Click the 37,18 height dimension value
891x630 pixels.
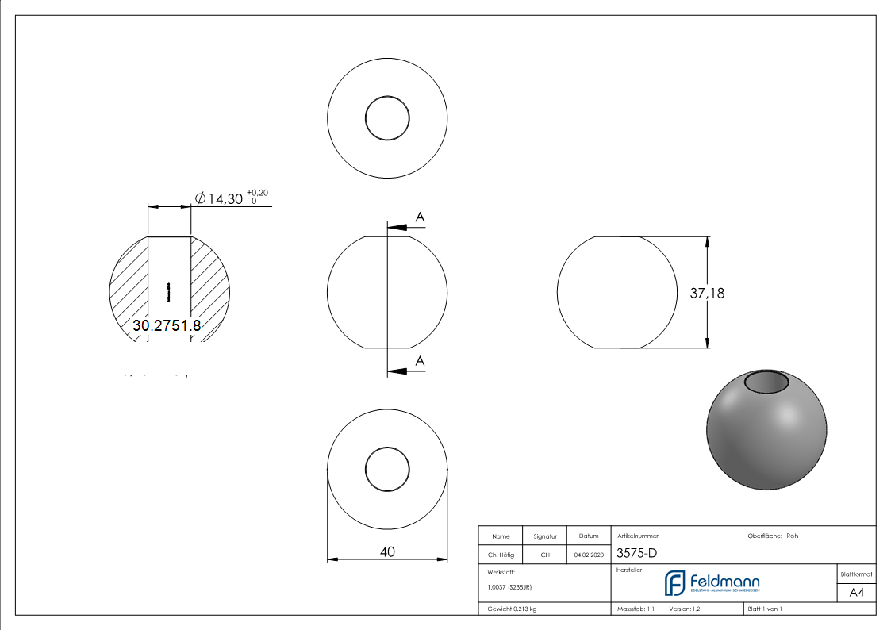click(x=706, y=293)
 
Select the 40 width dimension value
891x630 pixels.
click(x=387, y=551)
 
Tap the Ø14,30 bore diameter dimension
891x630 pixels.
click(x=219, y=199)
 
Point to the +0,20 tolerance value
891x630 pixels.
click(x=257, y=193)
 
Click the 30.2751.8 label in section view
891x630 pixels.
click(x=167, y=325)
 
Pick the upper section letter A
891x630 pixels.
click(x=420, y=217)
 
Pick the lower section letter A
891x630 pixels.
click(x=420, y=361)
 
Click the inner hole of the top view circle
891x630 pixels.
click(x=387, y=118)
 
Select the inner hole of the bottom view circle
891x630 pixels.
click(x=387, y=469)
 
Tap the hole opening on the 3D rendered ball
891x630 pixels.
click(x=766, y=383)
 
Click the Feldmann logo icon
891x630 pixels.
click(x=674, y=583)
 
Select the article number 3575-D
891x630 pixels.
click(x=636, y=554)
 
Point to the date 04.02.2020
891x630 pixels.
click(x=588, y=555)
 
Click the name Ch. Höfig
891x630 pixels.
click(x=501, y=555)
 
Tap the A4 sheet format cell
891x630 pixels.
click(x=856, y=593)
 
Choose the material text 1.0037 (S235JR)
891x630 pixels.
click(x=509, y=587)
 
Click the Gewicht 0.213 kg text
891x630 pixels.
click(x=512, y=609)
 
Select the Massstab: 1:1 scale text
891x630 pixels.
click(x=636, y=609)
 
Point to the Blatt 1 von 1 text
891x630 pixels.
click(x=765, y=609)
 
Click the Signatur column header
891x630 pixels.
click(x=545, y=536)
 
